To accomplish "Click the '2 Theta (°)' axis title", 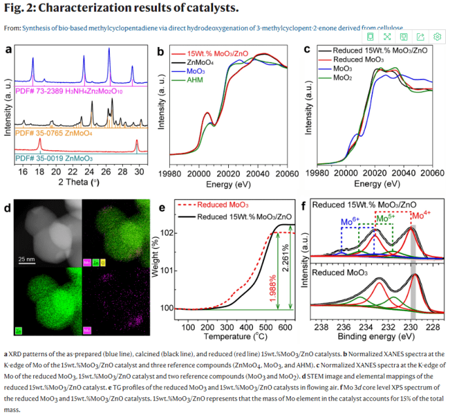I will click(79, 182).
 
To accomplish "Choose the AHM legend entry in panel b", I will click(196, 80).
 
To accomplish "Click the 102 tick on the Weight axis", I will click(168, 233).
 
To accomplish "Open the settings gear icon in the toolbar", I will click(438, 37).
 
